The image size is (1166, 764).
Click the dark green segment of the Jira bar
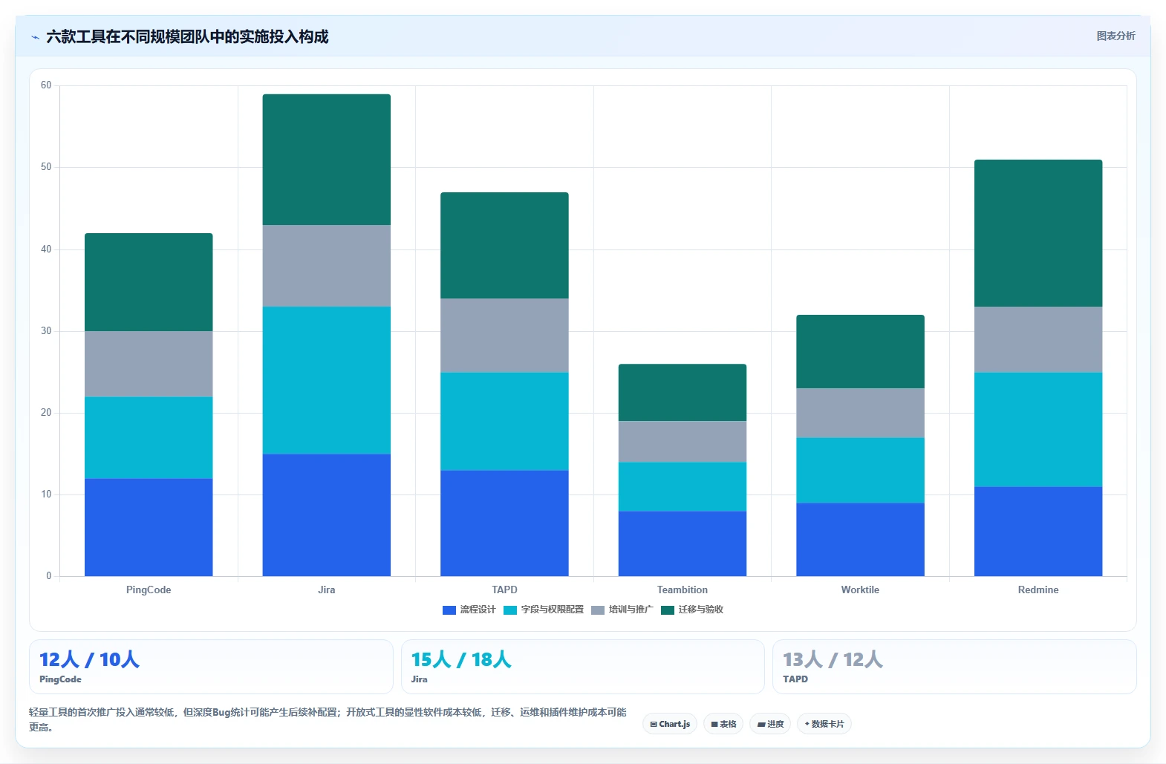pos(326,160)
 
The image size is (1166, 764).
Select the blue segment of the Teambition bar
pos(682,543)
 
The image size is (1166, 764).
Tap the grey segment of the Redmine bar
pos(1038,339)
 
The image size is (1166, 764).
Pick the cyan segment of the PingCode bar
pos(149,438)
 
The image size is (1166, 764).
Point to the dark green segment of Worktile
pos(860,351)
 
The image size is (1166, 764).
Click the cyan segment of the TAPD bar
pos(504,421)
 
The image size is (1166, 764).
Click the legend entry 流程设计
pos(469,610)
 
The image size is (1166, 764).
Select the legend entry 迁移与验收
pos(692,610)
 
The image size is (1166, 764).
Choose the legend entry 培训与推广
pos(622,610)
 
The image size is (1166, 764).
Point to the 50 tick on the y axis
pos(46,167)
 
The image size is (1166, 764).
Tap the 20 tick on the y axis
pos(46,413)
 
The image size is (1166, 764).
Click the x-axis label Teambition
pos(682,590)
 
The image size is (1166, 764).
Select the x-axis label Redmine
pos(1038,590)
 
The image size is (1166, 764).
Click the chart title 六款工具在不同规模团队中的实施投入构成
pos(187,37)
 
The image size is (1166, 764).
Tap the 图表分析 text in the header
pos(1115,36)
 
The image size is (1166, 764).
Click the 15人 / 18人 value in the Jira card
pos(461,659)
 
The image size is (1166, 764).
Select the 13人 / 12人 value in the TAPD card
pos(833,659)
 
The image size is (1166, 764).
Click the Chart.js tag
pos(670,724)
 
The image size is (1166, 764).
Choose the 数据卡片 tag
pos(824,724)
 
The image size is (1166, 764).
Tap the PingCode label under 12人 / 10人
pos(60,679)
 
